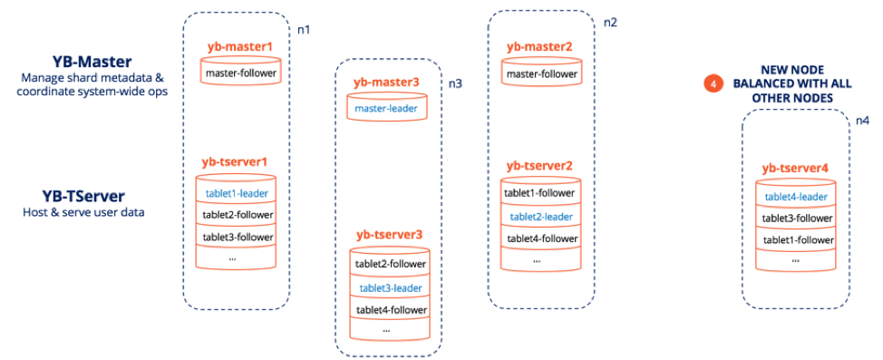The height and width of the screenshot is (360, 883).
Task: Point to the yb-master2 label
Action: coord(539,46)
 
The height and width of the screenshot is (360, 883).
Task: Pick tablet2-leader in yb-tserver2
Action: coord(540,216)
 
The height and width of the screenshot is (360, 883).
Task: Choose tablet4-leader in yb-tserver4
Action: coord(796,196)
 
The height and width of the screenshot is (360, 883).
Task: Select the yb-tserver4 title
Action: coord(795,168)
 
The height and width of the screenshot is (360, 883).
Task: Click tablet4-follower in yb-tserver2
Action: coord(540,238)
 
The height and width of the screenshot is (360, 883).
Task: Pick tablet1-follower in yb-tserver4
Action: coord(796,239)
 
